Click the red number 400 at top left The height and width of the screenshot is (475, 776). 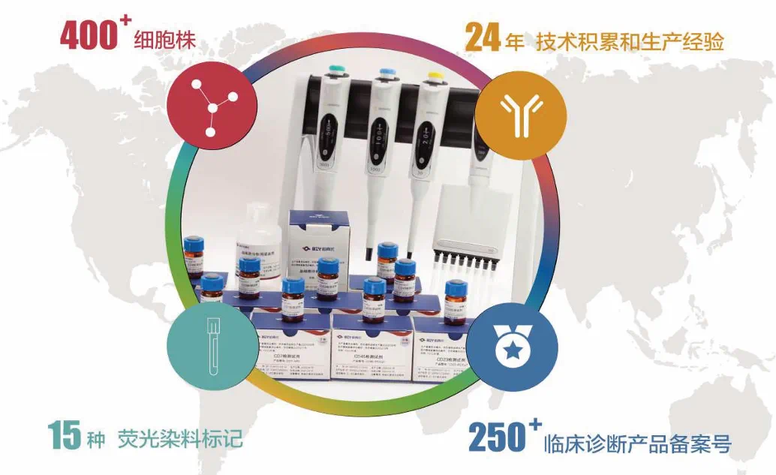click(x=88, y=35)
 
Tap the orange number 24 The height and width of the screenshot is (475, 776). click(x=483, y=38)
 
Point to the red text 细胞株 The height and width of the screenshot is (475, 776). click(x=164, y=39)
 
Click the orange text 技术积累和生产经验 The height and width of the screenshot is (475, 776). click(x=630, y=41)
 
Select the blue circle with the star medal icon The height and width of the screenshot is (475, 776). click(x=511, y=346)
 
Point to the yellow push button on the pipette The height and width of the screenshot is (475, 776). click(x=433, y=76)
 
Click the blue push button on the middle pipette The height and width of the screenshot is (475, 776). click(x=387, y=73)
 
